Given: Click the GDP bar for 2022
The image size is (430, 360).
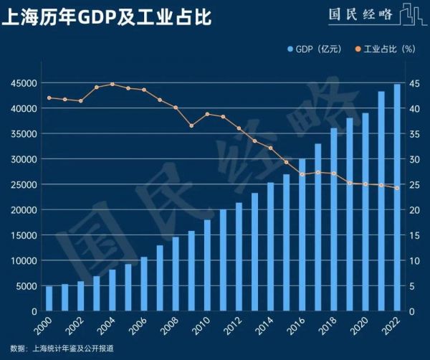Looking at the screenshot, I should pyautogui.click(x=397, y=198).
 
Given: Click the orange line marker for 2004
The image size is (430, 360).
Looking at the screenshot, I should pyautogui.click(x=113, y=84).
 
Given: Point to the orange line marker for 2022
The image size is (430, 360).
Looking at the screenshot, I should pyautogui.click(x=397, y=188).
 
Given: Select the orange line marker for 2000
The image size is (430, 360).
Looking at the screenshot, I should pyautogui.click(x=49, y=98).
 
